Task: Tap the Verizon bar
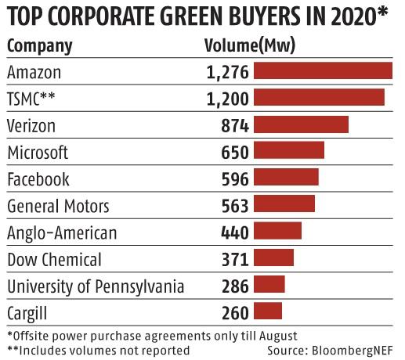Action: pyautogui.click(x=301, y=124)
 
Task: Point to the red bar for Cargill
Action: pyautogui.click(x=268, y=311)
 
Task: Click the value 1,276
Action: pyautogui.click(x=227, y=72)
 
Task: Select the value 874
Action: pyautogui.click(x=234, y=125)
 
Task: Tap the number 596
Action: pyautogui.click(x=234, y=178)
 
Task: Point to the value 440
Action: pyautogui.click(x=234, y=232)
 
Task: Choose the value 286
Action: pyautogui.click(x=234, y=285)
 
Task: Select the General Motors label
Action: pyautogui.click(x=58, y=206)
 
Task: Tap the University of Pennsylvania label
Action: pyautogui.click(x=95, y=286)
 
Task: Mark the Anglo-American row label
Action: pyautogui.click(x=61, y=232)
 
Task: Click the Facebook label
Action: pyautogui.click(x=38, y=178)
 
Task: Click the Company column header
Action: pyautogui.click(x=39, y=45)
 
